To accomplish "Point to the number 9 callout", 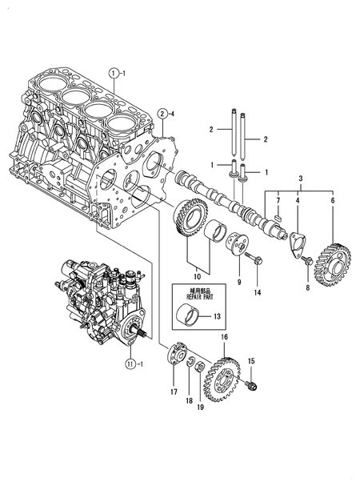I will pyautogui.click(x=238, y=282).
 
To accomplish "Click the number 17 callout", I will pyautogui.click(x=174, y=392).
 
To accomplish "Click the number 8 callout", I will pyautogui.click(x=307, y=286).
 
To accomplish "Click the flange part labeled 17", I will pyautogui.click(x=178, y=355).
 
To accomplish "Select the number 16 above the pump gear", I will pyautogui.click(x=225, y=337).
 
